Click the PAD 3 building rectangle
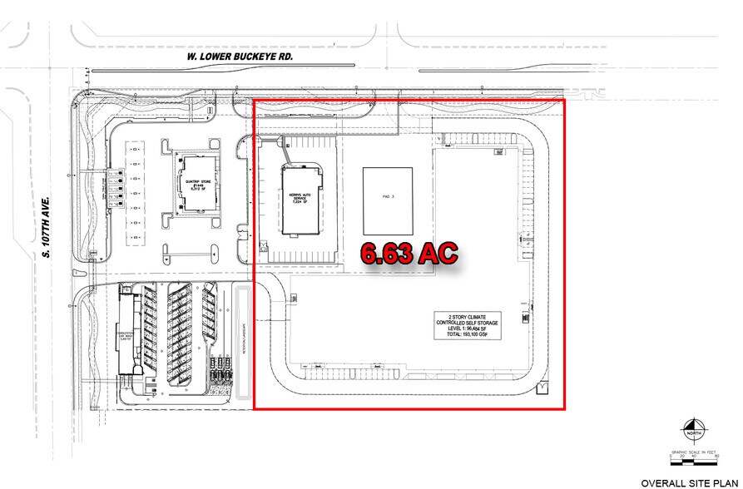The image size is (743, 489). coord(387,202)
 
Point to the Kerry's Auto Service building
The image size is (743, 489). coord(300,200)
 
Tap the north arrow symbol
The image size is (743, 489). coord(693,430)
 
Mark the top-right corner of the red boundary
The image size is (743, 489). coord(565,100)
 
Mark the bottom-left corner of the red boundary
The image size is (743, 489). coord(254,408)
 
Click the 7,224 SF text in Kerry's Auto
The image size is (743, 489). coord(300,203)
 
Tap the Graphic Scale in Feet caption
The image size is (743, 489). coord(692,450)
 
